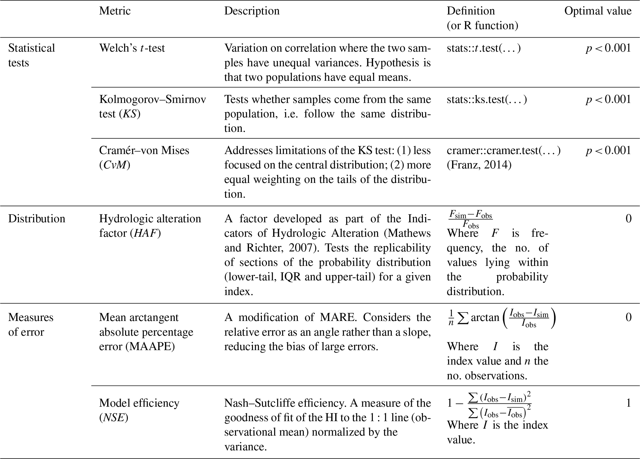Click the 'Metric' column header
click(x=115, y=11)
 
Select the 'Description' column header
click(x=252, y=11)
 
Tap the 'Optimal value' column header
click(x=598, y=11)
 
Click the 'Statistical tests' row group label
click(x=31, y=55)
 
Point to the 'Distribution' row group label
click(x=37, y=219)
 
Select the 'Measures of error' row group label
click(x=31, y=325)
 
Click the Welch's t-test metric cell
click(x=132, y=48)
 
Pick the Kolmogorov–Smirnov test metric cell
click(x=152, y=106)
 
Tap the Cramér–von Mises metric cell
click(x=144, y=158)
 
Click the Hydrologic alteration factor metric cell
click(x=150, y=226)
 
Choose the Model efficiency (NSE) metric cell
click(x=139, y=410)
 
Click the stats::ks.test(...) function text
click(x=487, y=99)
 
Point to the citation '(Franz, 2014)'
click(x=479, y=165)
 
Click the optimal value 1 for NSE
click(x=628, y=403)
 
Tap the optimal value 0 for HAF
click(x=628, y=219)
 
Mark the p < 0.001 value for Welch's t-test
click(x=608, y=48)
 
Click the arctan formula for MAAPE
click(x=501, y=318)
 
